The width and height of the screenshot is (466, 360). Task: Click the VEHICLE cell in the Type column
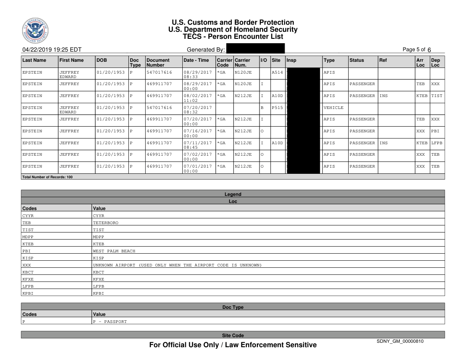pyautogui.click(x=333, y=107)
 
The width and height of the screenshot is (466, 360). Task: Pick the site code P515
pyautogui.click(x=278, y=107)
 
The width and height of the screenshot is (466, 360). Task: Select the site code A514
pyautogui.click(x=278, y=71)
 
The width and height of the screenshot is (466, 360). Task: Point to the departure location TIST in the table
pyautogui.click(x=436, y=95)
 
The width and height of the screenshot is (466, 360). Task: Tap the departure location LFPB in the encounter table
pyautogui.click(x=436, y=142)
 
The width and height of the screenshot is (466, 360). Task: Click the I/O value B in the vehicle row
pyautogui.click(x=262, y=107)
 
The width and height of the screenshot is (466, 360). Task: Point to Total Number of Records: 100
pyautogui.click(x=47, y=177)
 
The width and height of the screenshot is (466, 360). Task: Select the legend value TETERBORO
pyautogui.click(x=106, y=223)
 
